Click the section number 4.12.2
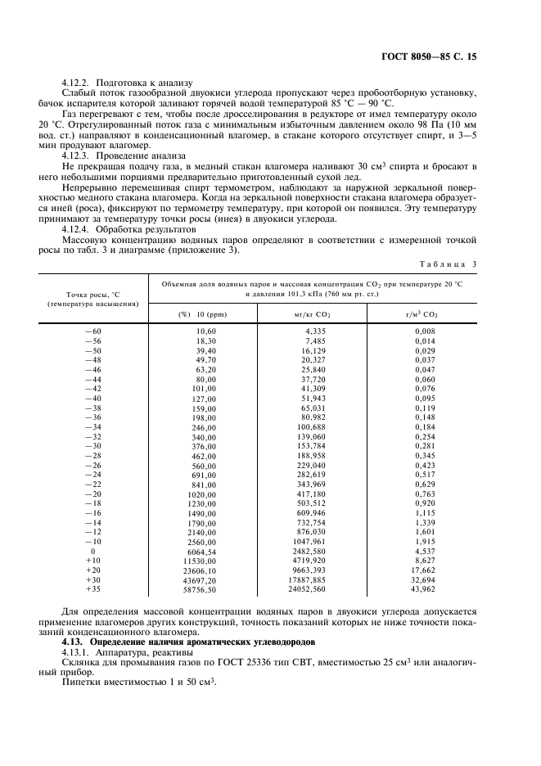click(78, 83)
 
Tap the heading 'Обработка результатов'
click(146, 232)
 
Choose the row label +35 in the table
click(92, 588)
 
